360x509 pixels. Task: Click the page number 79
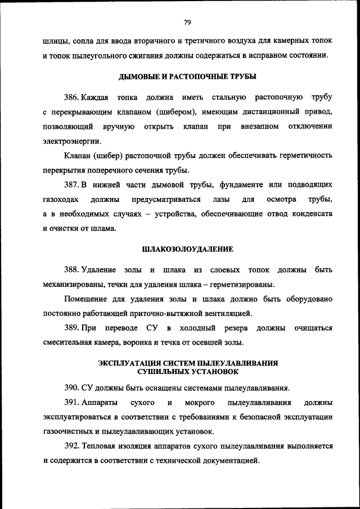[187, 22]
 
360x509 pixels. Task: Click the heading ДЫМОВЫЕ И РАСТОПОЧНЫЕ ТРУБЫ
[187, 76]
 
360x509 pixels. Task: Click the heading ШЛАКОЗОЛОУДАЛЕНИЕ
[187, 249]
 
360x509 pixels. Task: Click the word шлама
[102, 228]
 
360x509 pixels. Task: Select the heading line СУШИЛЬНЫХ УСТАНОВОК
[187, 372]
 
